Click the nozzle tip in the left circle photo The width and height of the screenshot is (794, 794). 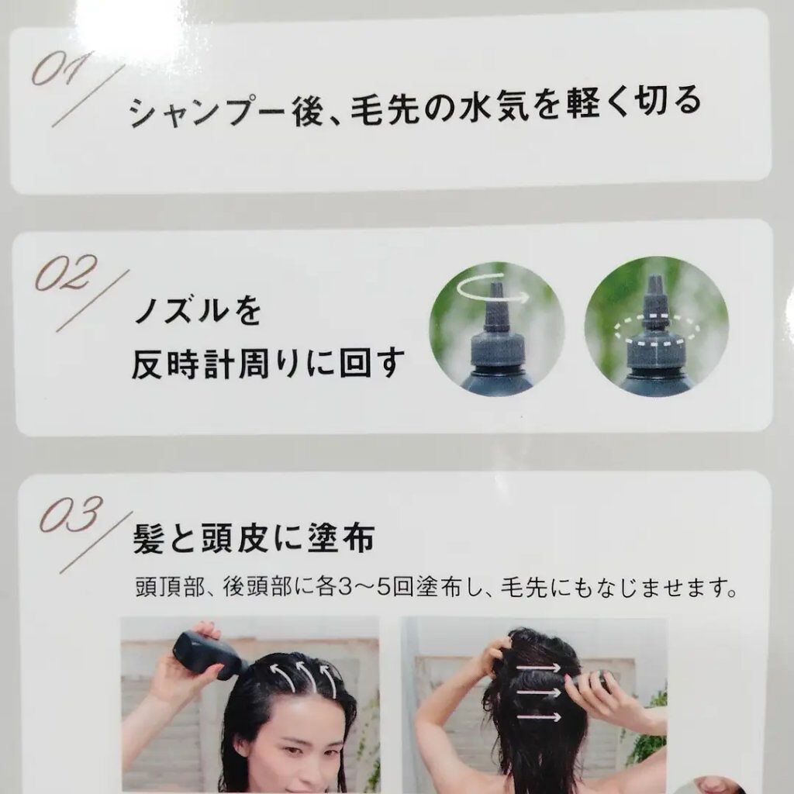[497, 294]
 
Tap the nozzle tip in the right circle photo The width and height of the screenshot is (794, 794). [654, 285]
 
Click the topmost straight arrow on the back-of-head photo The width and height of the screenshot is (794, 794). [540, 666]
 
